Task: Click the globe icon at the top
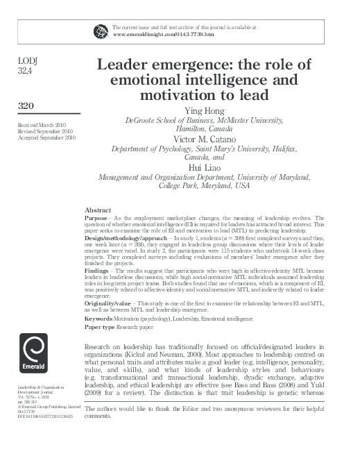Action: pos(101,30)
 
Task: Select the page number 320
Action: pos(26,106)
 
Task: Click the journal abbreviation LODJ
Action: pos(27,61)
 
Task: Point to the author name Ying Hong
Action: pos(203,110)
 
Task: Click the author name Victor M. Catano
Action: pos(203,139)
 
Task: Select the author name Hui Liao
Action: pos(203,167)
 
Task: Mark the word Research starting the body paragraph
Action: pos(99,346)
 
